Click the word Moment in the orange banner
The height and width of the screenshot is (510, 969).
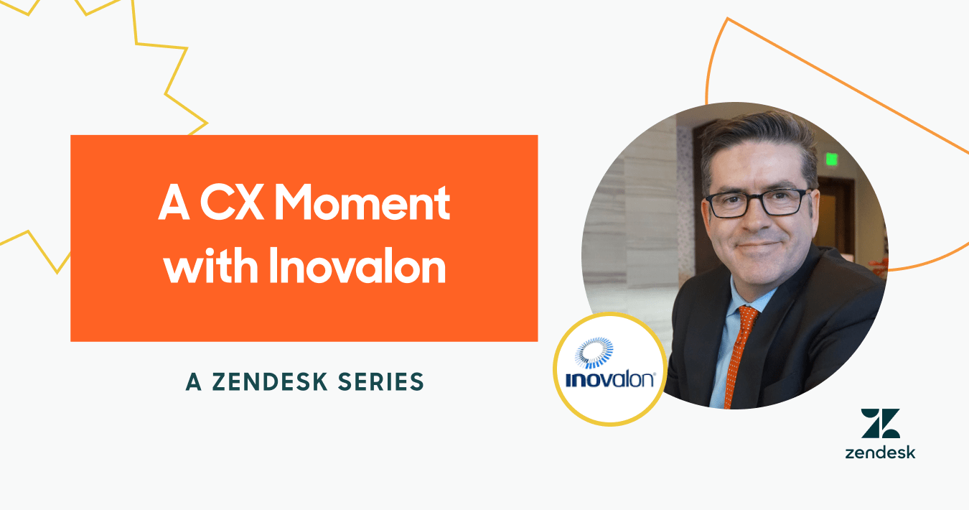[362, 203]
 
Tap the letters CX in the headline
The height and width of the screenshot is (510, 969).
[232, 203]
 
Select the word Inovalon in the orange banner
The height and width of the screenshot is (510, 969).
[357, 265]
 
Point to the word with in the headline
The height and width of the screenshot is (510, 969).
[211, 265]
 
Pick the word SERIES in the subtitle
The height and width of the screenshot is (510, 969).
[380, 382]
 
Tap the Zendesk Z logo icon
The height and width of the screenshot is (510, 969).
[880, 423]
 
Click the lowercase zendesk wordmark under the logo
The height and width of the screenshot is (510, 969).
[880, 453]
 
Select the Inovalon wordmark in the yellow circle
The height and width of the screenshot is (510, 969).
[610, 380]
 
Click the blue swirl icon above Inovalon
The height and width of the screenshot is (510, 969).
[594, 353]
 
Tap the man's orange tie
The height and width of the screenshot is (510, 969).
[741, 355]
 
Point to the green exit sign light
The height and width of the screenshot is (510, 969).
[831, 159]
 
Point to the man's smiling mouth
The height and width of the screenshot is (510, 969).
[758, 246]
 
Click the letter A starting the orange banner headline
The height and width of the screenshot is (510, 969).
[174, 203]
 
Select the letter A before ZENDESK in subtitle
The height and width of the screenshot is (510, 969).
[193, 382]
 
